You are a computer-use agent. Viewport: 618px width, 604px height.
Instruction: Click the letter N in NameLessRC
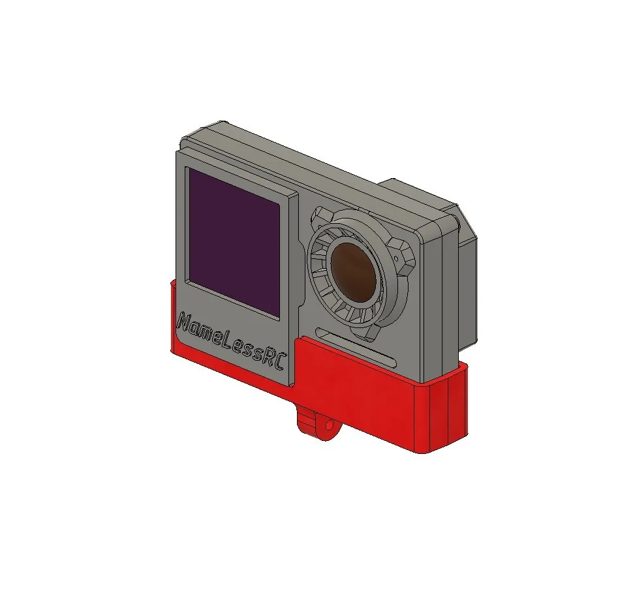(185, 323)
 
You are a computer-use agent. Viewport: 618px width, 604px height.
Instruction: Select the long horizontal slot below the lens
(356, 345)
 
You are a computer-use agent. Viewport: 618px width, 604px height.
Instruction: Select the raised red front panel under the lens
(356, 385)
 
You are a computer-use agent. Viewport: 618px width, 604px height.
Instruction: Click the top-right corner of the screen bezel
(294, 195)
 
